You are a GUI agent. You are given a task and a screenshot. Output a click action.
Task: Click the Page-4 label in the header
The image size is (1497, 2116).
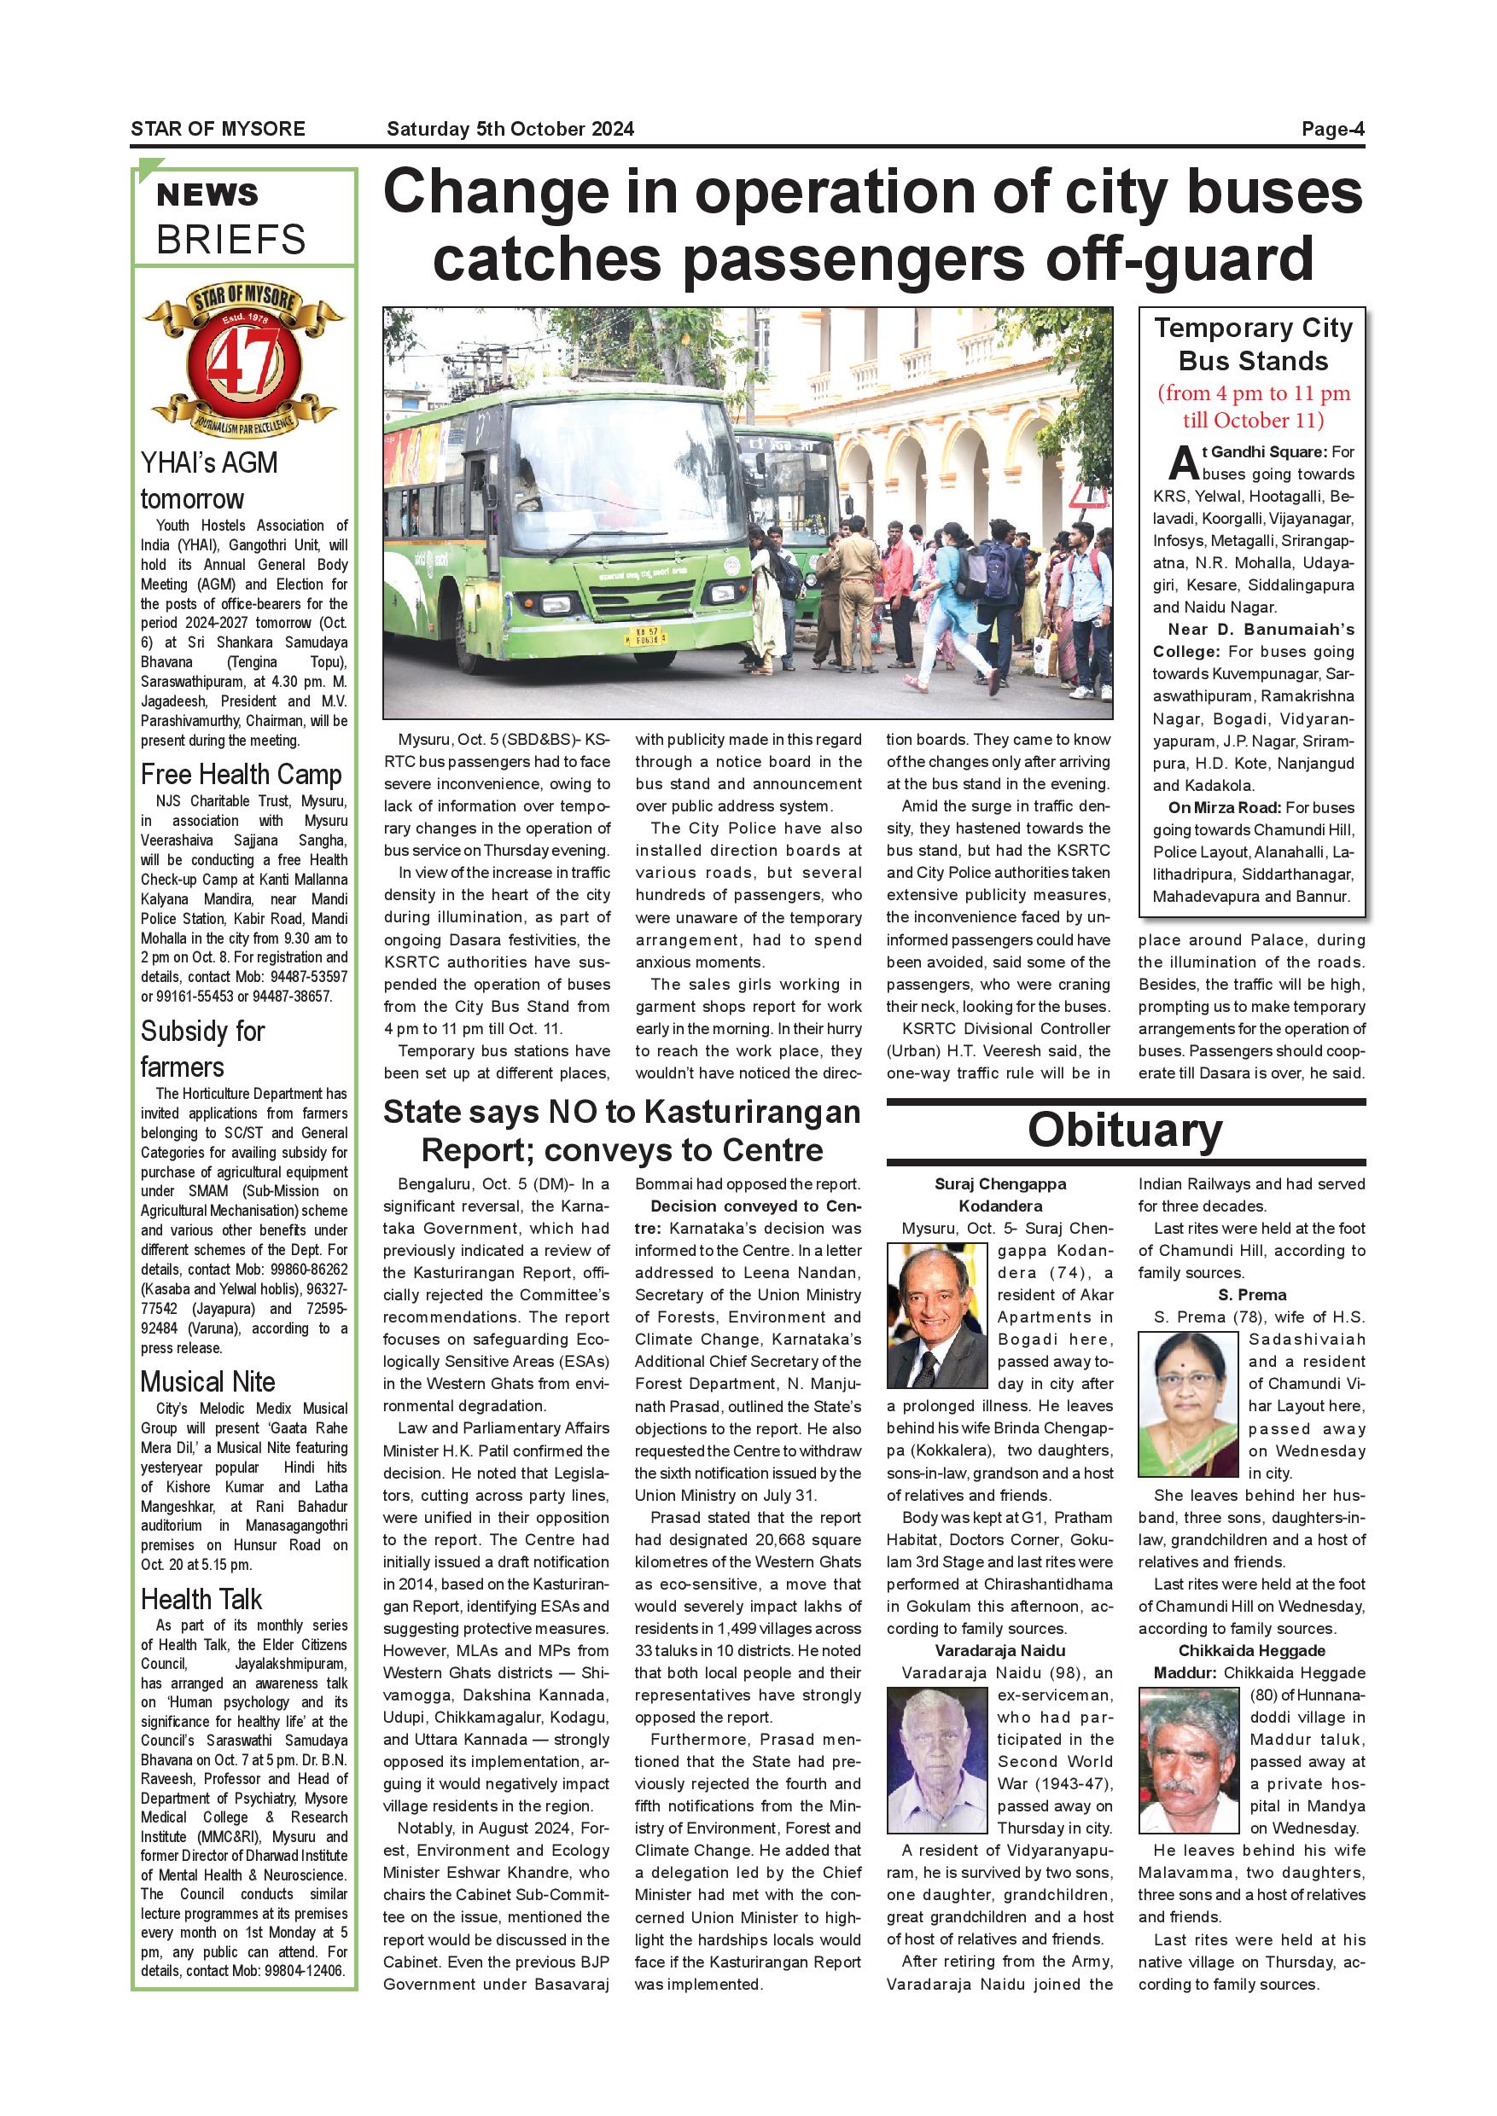click(1332, 129)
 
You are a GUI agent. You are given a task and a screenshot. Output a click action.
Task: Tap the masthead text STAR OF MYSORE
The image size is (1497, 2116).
click(218, 129)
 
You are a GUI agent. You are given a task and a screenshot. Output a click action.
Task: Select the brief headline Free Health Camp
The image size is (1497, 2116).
click(241, 774)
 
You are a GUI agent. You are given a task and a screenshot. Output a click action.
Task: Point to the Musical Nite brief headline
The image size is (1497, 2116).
click(207, 1381)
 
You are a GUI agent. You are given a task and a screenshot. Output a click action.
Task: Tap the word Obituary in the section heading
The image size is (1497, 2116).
click(1125, 1130)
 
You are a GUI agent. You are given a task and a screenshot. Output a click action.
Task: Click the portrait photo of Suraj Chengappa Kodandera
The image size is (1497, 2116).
click(936, 1315)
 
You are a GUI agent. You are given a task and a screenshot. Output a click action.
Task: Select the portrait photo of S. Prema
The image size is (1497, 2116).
click(1188, 1404)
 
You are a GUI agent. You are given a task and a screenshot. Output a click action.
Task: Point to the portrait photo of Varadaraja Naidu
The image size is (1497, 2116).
click(936, 1759)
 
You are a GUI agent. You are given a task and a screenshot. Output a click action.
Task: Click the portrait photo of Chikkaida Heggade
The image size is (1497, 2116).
click(1188, 1759)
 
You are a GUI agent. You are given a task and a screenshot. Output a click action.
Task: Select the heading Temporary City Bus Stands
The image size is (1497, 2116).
click(1253, 344)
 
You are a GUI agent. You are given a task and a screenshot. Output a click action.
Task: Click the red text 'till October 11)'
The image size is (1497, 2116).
click(1253, 421)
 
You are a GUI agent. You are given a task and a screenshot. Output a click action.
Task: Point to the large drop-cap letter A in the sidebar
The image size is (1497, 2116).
click(1183, 463)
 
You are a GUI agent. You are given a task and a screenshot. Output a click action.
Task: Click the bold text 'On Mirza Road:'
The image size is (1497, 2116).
click(1223, 807)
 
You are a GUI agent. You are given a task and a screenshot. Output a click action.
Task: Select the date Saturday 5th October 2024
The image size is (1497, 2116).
click(510, 129)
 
